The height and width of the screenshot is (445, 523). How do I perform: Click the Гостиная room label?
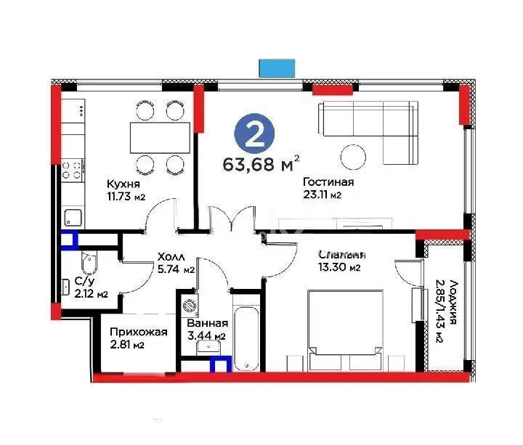[328, 182]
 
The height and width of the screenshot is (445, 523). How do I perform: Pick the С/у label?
[84, 281]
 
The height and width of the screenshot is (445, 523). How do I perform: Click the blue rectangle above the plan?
[278, 68]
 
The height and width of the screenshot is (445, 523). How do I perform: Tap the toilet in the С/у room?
[88, 258]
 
